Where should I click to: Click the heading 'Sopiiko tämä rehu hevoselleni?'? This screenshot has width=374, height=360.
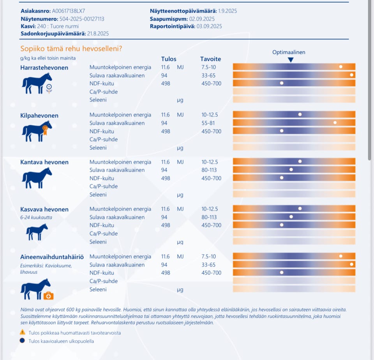click(71, 49)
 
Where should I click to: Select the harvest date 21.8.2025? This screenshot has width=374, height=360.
click(98, 34)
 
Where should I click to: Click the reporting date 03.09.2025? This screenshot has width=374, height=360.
click(209, 26)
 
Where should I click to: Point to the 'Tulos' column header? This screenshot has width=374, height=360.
click(169, 59)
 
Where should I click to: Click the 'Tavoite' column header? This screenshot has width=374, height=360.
click(210, 59)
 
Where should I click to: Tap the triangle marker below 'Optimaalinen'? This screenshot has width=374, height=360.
click(291, 60)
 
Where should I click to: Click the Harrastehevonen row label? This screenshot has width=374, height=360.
click(44, 67)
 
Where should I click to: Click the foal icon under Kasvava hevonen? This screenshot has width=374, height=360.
click(37, 232)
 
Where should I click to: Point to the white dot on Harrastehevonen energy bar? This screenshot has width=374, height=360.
click(341, 67)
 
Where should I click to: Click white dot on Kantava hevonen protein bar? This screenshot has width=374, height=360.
click(291, 170)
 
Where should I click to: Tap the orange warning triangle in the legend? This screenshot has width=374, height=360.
click(23, 333)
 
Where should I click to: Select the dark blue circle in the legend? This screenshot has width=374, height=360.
click(23, 341)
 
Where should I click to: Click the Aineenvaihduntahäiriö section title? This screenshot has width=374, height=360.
click(52, 257)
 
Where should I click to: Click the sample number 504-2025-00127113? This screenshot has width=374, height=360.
click(82, 19)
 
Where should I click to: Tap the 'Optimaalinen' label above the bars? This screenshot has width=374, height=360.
click(289, 52)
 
